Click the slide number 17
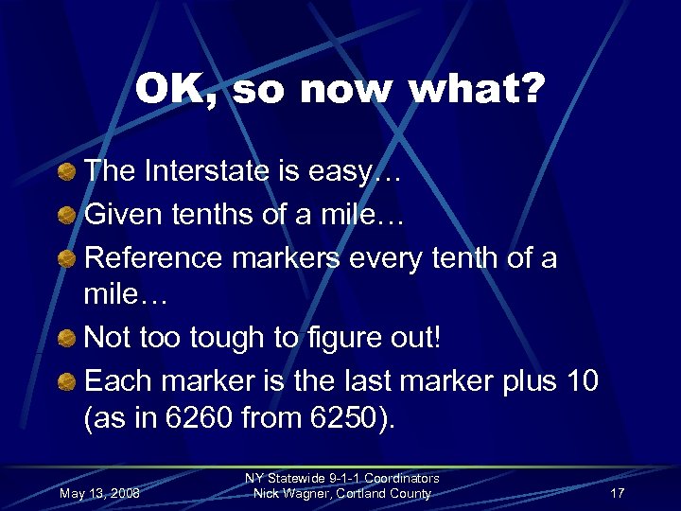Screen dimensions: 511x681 (617, 494)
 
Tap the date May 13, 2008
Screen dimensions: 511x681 (99, 494)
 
